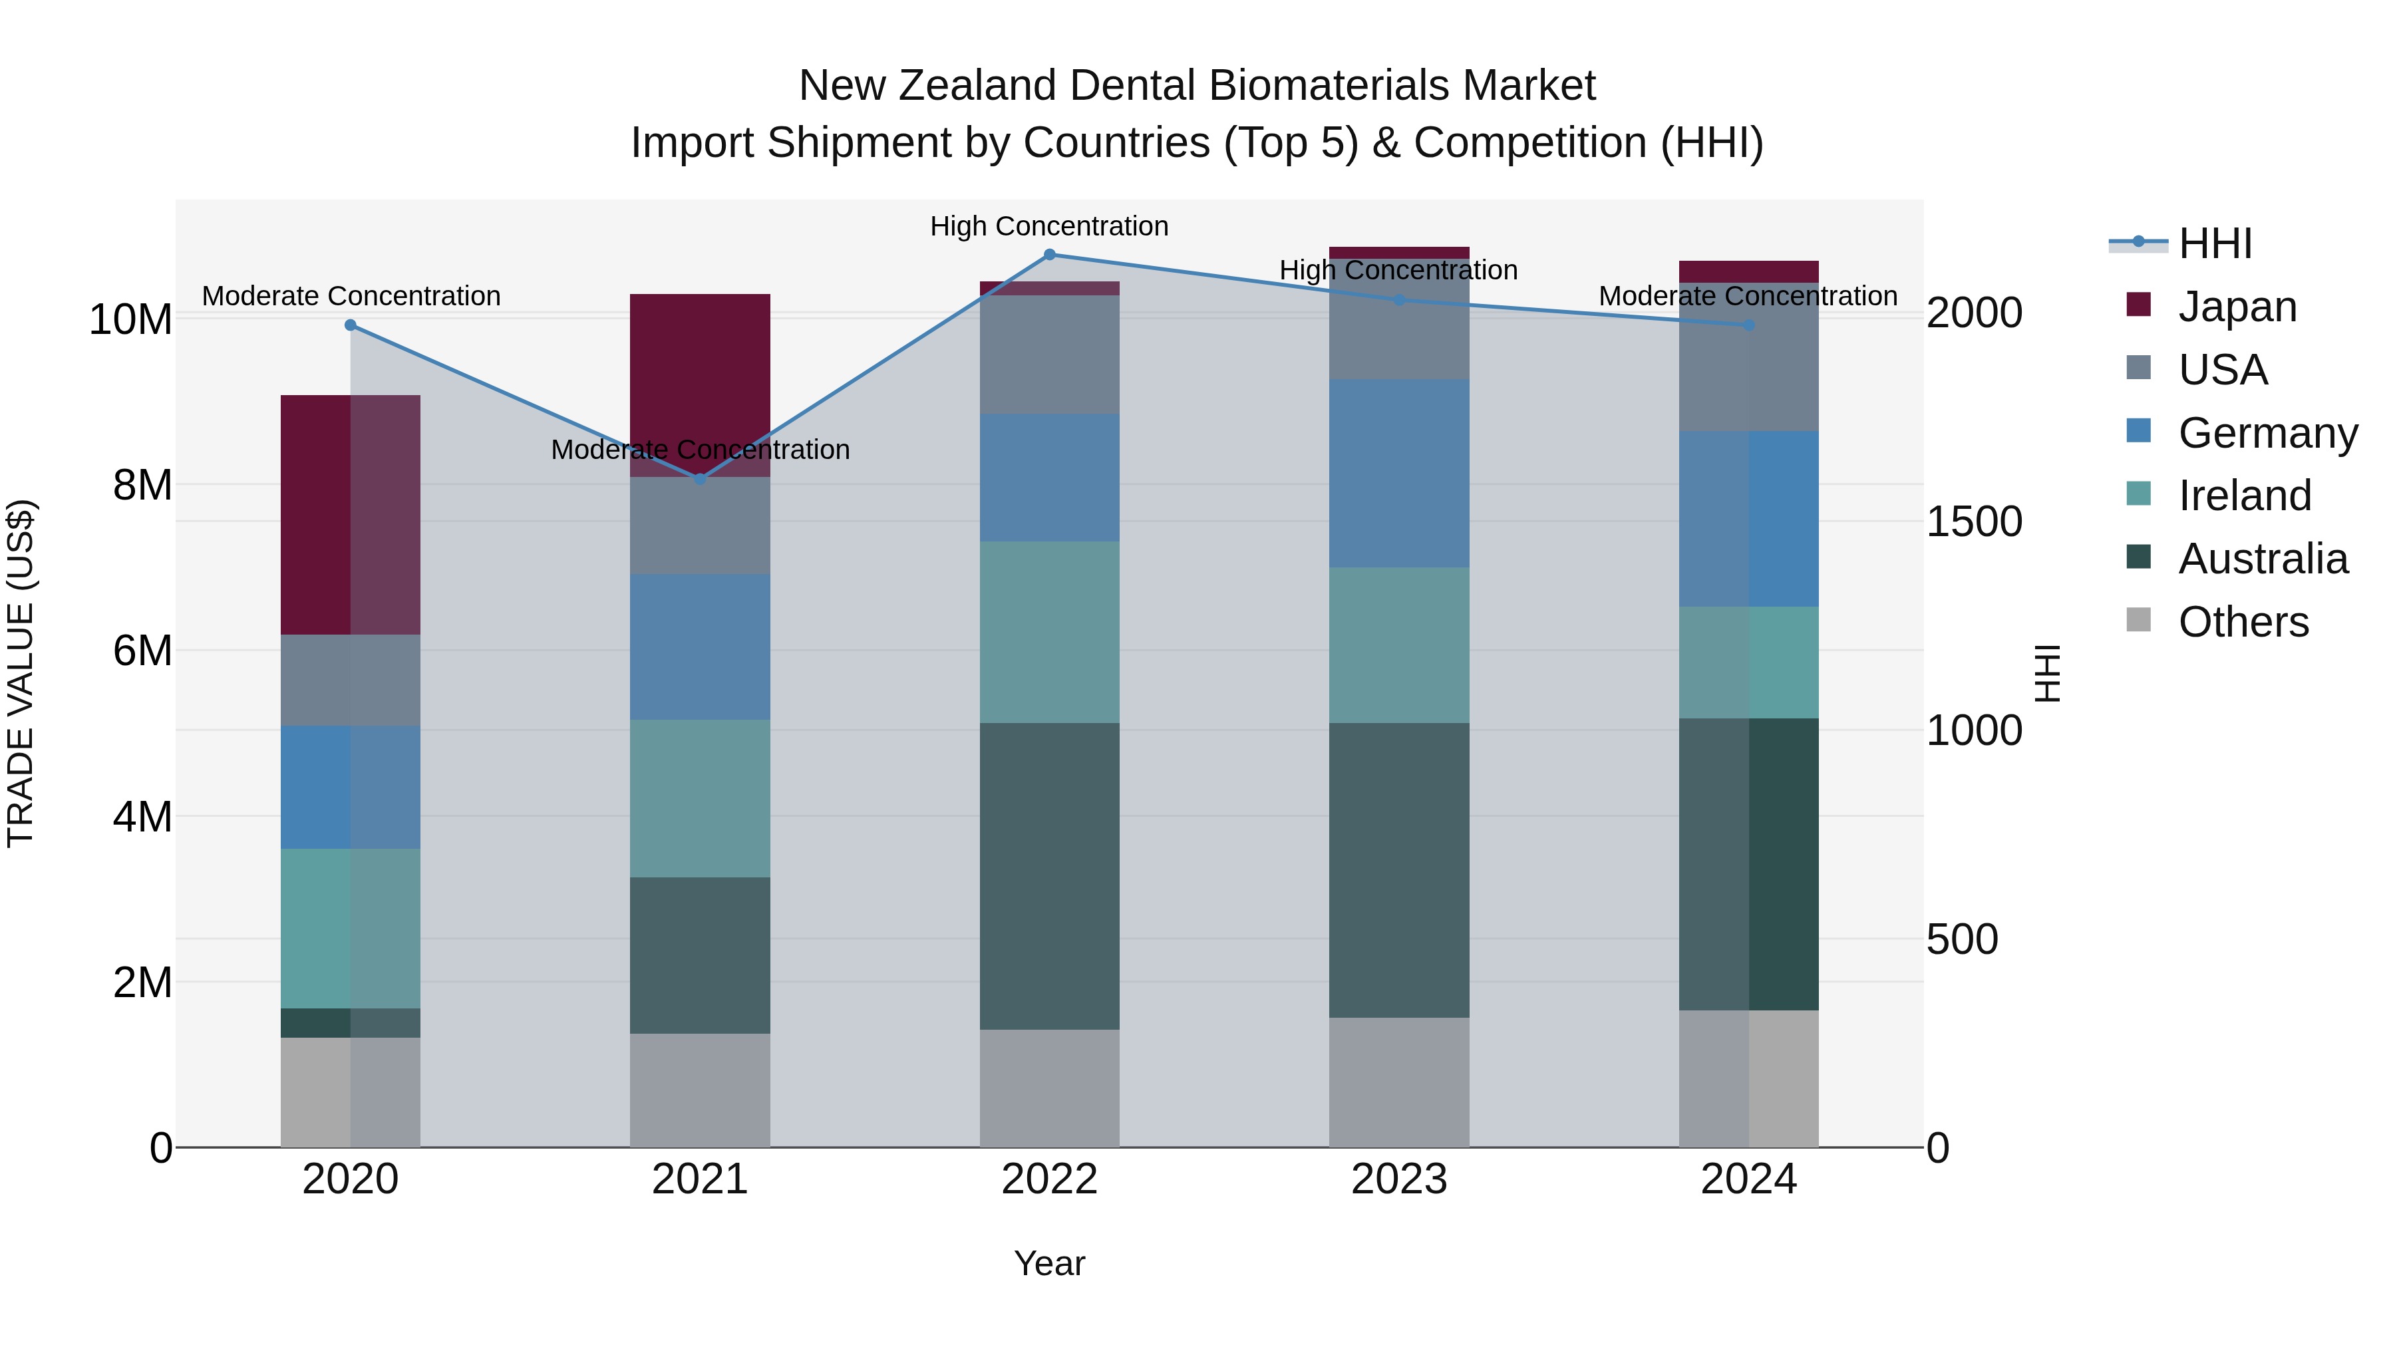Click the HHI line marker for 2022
pyautogui.click(x=1050, y=255)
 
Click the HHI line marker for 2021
pyautogui.click(x=700, y=479)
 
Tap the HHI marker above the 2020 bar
pyautogui.click(x=351, y=325)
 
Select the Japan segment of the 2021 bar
pyautogui.click(x=700, y=372)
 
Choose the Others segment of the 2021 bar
pyautogui.click(x=700, y=1090)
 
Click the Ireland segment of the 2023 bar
pyautogui.click(x=1399, y=645)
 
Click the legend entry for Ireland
pyautogui.click(x=2243, y=496)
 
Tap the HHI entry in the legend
pyautogui.click(x=2215, y=243)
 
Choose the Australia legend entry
pyautogui.click(x=2262, y=559)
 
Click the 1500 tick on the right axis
pyautogui.click(x=1974, y=522)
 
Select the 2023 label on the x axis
pyautogui.click(x=1399, y=1179)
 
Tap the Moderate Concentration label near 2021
pyautogui.click(x=700, y=450)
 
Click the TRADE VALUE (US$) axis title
pyautogui.click(x=21, y=673)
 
